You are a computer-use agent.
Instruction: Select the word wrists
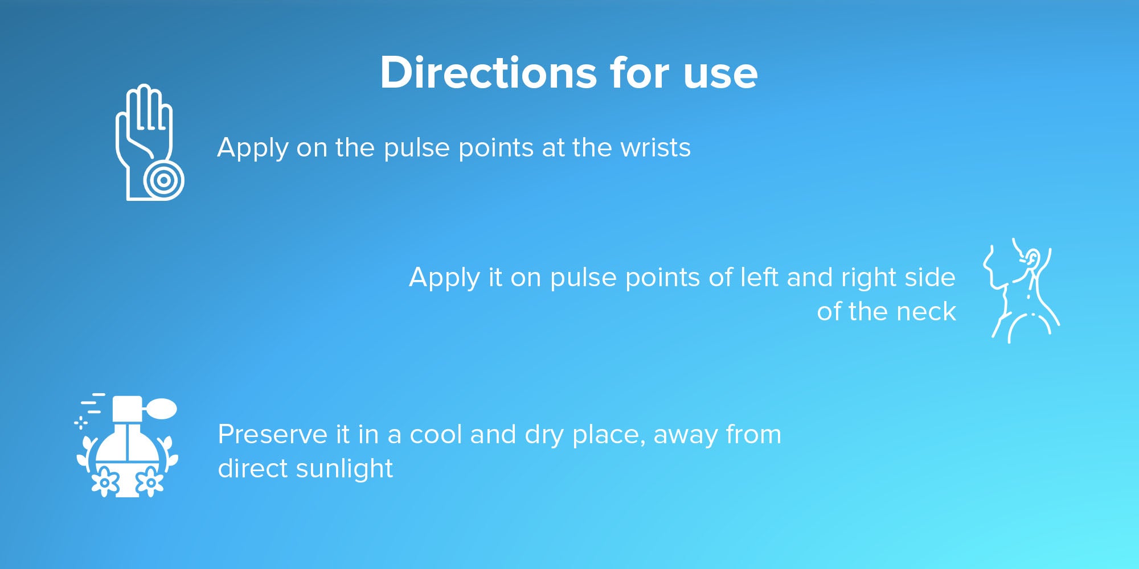(655, 148)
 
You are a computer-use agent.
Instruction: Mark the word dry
(545, 436)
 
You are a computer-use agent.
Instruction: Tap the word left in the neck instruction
(759, 277)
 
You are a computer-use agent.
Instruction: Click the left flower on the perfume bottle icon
(105, 483)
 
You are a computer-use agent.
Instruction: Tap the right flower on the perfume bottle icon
(150, 483)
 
